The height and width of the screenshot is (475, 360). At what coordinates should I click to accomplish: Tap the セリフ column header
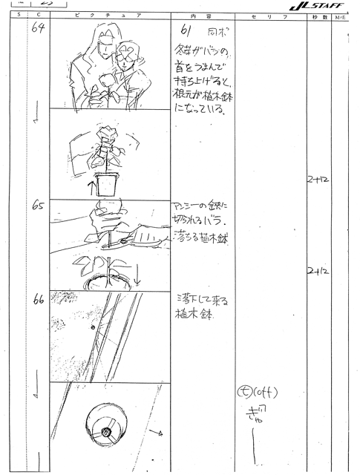pos(266,16)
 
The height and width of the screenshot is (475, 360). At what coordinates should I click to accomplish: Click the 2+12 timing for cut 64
pos(316,180)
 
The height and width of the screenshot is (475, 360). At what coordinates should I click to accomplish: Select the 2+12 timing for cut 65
pos(316,272)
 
